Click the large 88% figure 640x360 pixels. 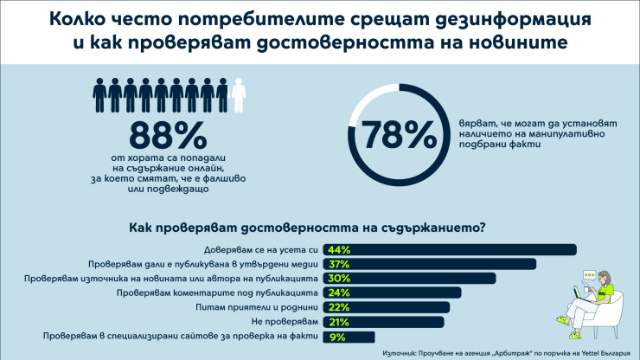[168, 136]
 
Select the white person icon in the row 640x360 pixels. [239, 96]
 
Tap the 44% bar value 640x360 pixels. [338, 250]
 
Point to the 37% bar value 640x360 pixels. [338, 264]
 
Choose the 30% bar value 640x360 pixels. [338, 279]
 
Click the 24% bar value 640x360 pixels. [338, 292]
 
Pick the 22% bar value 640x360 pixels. [338, 307]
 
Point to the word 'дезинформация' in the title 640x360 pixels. [520, 18]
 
